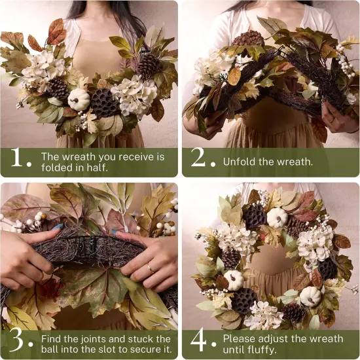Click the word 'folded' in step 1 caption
[x=57, y=168]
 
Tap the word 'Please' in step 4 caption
[x=240, y=338]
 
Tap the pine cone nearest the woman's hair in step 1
[x=149, y=65]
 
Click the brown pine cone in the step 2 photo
[x=249, y=39]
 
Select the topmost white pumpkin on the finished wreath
[x=277, y=217]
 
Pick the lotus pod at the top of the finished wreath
[x=255, y=216]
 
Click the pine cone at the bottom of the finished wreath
[x=293, y=313]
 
